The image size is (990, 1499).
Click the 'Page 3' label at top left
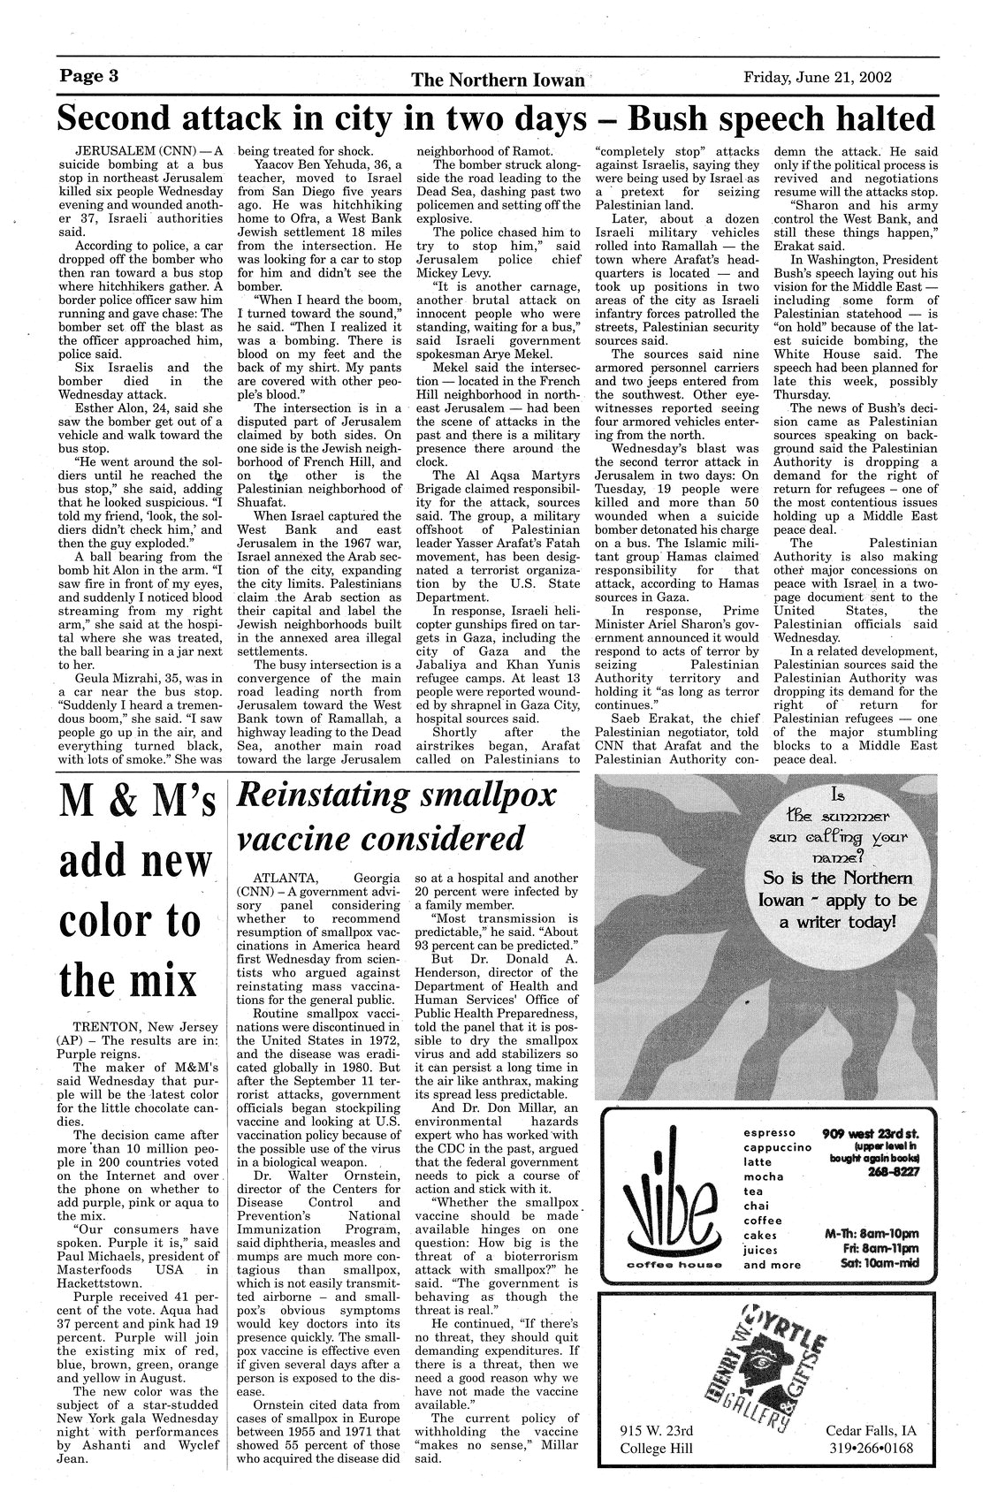tap(88, 75)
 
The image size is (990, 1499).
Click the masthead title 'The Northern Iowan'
tap(498, 80)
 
